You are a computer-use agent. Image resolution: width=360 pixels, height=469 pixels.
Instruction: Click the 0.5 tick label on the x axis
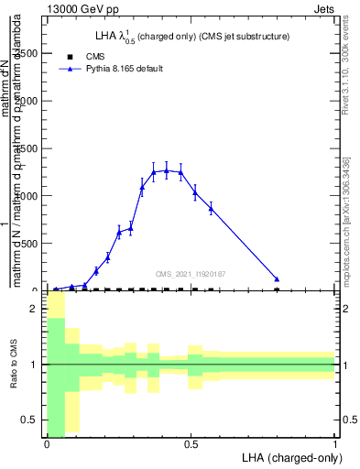[191, 444]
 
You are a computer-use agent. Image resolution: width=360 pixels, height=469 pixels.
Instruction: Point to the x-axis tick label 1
[335, 444]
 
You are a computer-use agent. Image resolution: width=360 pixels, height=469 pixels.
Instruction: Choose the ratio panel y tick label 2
[35, 309]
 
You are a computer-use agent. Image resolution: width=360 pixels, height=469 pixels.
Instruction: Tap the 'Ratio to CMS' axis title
[13, 365]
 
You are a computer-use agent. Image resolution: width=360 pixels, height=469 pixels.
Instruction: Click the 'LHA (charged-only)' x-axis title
[288, 457]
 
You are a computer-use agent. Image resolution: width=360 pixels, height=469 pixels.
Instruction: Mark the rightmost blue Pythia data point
[277, 278]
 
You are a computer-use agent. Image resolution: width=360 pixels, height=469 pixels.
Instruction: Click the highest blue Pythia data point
[167, 169]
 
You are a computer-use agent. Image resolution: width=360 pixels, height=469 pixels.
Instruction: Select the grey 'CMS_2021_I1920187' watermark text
[190, 273]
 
